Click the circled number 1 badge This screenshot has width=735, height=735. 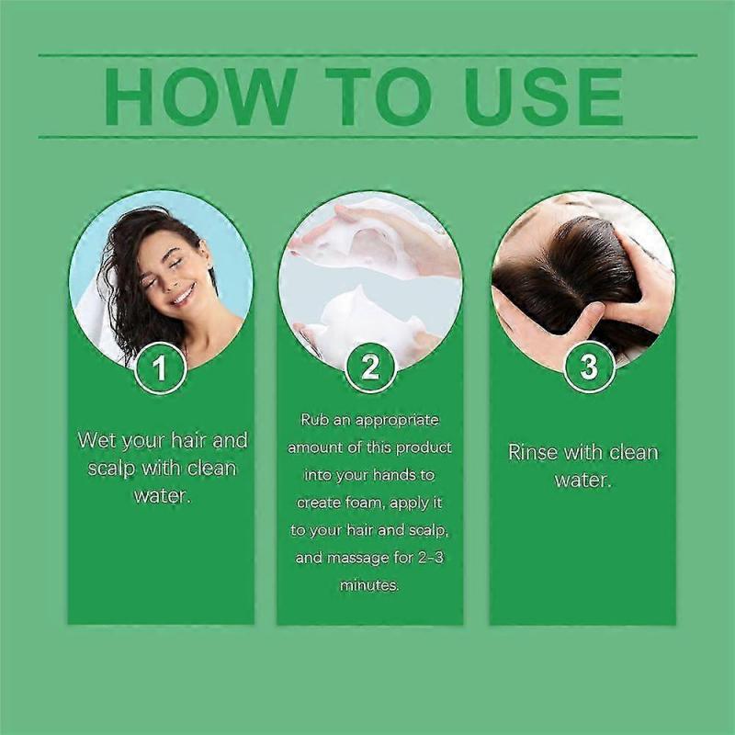[161, 368]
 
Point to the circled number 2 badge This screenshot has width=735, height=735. [369, 368]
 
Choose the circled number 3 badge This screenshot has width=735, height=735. [588, 368]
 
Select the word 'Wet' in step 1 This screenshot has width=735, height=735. [96, 440]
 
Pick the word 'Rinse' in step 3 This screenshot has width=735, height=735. [534, 452]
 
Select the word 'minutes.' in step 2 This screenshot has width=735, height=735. [369, 585]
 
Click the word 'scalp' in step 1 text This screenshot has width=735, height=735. [111, 468]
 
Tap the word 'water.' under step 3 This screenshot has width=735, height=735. [582, 480]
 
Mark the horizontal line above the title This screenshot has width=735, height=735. [367, 55]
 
